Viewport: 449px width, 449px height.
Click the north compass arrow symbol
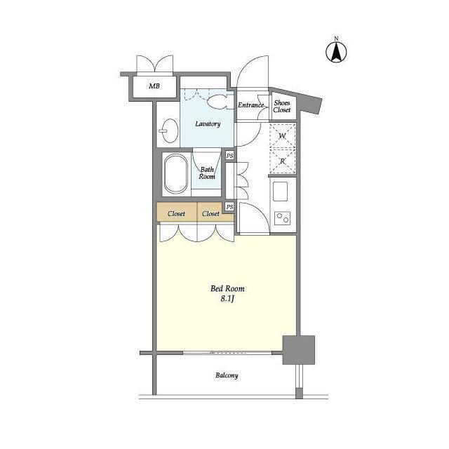(x=337, y=51)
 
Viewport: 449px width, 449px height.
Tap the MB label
(x=154, y=86)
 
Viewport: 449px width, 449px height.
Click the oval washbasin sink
(x=169, y=130)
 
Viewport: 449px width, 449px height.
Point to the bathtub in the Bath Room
(x=175, y=175)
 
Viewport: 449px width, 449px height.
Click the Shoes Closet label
(x=282, y=106)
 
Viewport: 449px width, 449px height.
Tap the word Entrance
(x=251, y=105)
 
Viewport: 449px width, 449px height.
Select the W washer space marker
(x=283, y=136)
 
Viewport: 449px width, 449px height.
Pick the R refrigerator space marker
(x=283, y=161)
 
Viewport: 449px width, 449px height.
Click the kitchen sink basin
(x=281, y=192)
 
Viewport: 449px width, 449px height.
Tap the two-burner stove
(x=282, y=218)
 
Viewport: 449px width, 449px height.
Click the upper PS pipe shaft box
(x=229, y=156)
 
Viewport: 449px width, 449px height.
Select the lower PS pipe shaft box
(x=229, y=207)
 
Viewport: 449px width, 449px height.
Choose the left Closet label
(x=176, y=213)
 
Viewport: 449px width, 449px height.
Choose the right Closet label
(x=210, y=213)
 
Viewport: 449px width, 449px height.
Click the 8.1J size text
(x=227, y=299)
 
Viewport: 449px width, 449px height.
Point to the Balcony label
(x=227, y=375)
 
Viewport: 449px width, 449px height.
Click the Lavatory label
(x=208, y=124)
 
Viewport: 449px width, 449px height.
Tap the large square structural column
(x=299, y=350)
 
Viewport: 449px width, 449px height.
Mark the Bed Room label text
(x=227, y=288)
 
